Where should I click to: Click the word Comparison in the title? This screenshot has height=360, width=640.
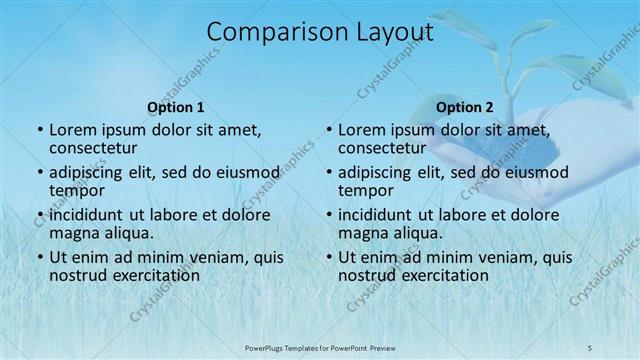tap(268, 33)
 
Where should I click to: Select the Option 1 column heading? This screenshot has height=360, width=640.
tap(176, 107)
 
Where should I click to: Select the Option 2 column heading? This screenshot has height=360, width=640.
tap(465, 107)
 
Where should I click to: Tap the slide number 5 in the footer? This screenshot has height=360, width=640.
tap(590, 346)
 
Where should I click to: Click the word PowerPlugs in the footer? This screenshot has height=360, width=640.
tap(265, 346)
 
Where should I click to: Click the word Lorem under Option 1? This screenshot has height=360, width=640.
tap(71, 130)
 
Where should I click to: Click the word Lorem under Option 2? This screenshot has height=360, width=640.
tap(360, 130)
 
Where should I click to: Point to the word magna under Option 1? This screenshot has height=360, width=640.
tap(72, 233)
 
